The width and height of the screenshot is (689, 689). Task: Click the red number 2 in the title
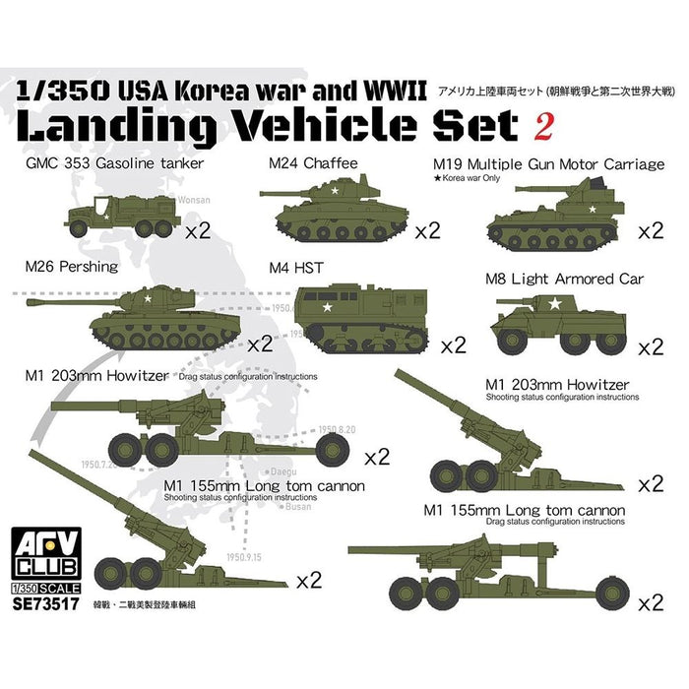coord(540,127)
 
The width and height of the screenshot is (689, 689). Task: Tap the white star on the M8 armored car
coord(553,306)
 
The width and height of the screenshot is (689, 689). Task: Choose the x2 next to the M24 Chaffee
coord(427,232)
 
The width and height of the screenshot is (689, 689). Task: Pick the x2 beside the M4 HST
coord(454,346)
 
